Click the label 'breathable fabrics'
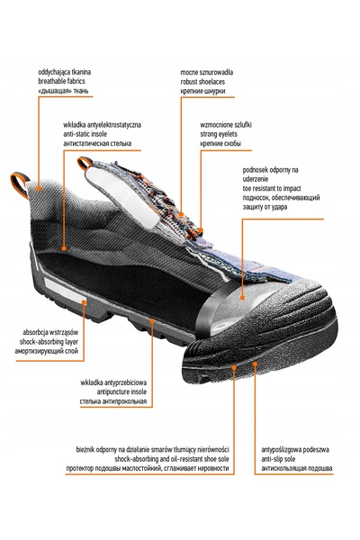coord(61,81)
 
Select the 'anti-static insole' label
coord(85,134)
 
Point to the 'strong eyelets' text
coord(219,134)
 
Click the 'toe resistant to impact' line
coord(272,188)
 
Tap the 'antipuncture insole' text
coord(121,391)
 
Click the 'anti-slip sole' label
coord(278,459)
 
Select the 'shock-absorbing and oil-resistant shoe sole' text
coord(172,459)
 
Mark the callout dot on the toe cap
coord(242,297)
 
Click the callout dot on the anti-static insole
coord(64,248)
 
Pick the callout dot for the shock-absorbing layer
coord(84,301)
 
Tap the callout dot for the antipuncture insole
coord(152,321)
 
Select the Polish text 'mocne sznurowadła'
coord(207,72)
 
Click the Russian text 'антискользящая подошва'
coord(297,468)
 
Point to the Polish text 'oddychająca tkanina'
coord(65,72)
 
